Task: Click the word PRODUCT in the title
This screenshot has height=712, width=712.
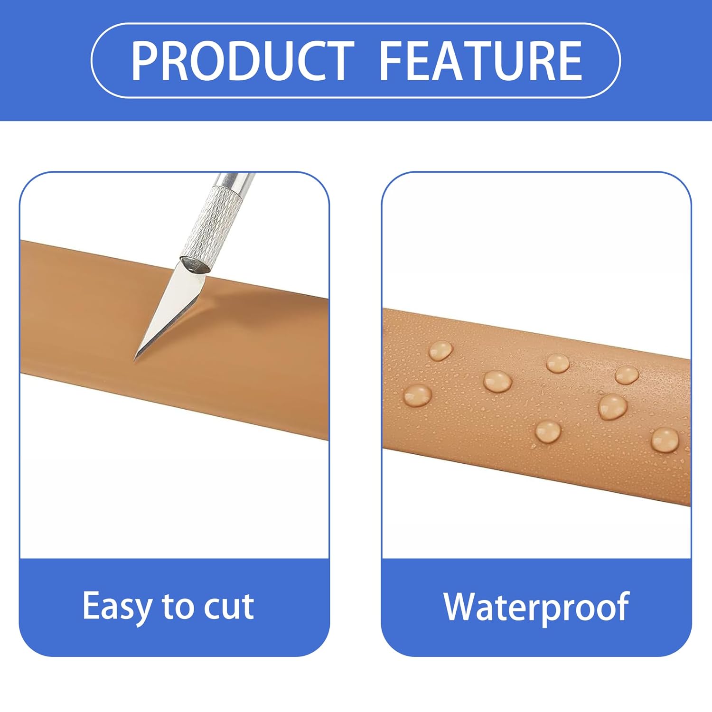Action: [x=243, y=61]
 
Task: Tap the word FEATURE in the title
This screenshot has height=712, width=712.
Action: [x=481, y=61]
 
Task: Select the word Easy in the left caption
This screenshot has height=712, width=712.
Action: [x=117, y=607]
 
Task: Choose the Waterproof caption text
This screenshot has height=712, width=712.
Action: [x=536, y=607]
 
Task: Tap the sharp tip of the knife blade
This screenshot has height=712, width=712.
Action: [x=135, y=359]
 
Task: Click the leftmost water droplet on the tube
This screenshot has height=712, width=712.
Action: [x=417, y=395]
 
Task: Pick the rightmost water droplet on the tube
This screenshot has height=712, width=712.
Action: [x=665, y=440]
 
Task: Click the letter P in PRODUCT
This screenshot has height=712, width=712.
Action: [x=144, y=61]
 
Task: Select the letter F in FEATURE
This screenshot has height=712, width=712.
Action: [x=392, y=61]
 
